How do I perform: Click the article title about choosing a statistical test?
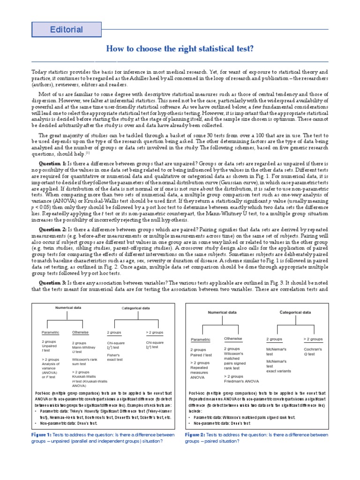pos(180,49)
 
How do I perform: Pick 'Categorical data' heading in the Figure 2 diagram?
pos(295,312)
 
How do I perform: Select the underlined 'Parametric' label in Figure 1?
pos(51,332)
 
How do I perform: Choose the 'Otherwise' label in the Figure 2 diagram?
pos(233,338)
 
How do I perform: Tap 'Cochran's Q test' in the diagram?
pos(313,352)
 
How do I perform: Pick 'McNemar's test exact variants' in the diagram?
pos(278,366)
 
